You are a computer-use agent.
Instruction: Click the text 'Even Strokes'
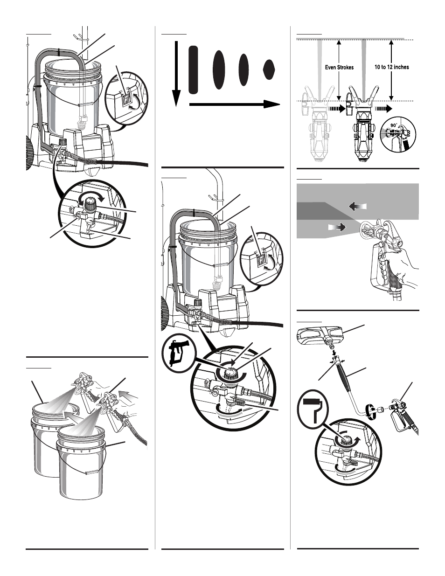[x=339, y=67]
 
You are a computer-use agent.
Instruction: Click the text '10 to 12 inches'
[x=392, y=67]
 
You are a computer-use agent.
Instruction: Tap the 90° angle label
[x=394, y=125]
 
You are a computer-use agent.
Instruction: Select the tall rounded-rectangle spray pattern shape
[x=193, y=69]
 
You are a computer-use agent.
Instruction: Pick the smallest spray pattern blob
[x=269, y=69]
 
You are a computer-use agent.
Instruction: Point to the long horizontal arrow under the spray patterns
[x=235, y=104]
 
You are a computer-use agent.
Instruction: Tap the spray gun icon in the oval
[x=178, y=354]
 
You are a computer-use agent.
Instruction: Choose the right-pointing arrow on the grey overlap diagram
[x=337, y=227]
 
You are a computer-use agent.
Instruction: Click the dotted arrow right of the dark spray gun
[x=383, y=108]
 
